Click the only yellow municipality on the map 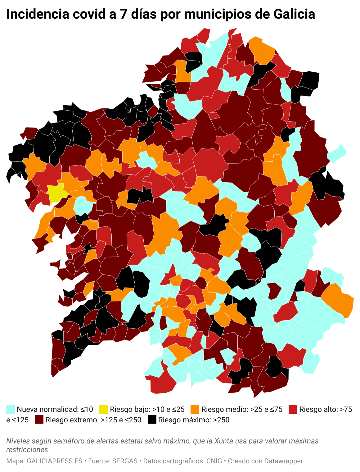coord(56,192)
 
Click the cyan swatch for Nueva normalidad coord(11,409)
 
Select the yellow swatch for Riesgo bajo coord(104,409)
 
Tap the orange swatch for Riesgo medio coord(195,409)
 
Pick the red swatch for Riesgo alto coord(293,409)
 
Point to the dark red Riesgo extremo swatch coord(39,420)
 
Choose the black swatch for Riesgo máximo coord(152,420)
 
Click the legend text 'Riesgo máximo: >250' coord(194,420)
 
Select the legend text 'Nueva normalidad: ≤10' coord(55,409)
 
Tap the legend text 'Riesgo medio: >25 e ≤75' coord(242,409)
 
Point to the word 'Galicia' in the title coord(294,14)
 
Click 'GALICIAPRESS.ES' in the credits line coord(55,461)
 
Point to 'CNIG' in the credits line coord(214,461)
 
